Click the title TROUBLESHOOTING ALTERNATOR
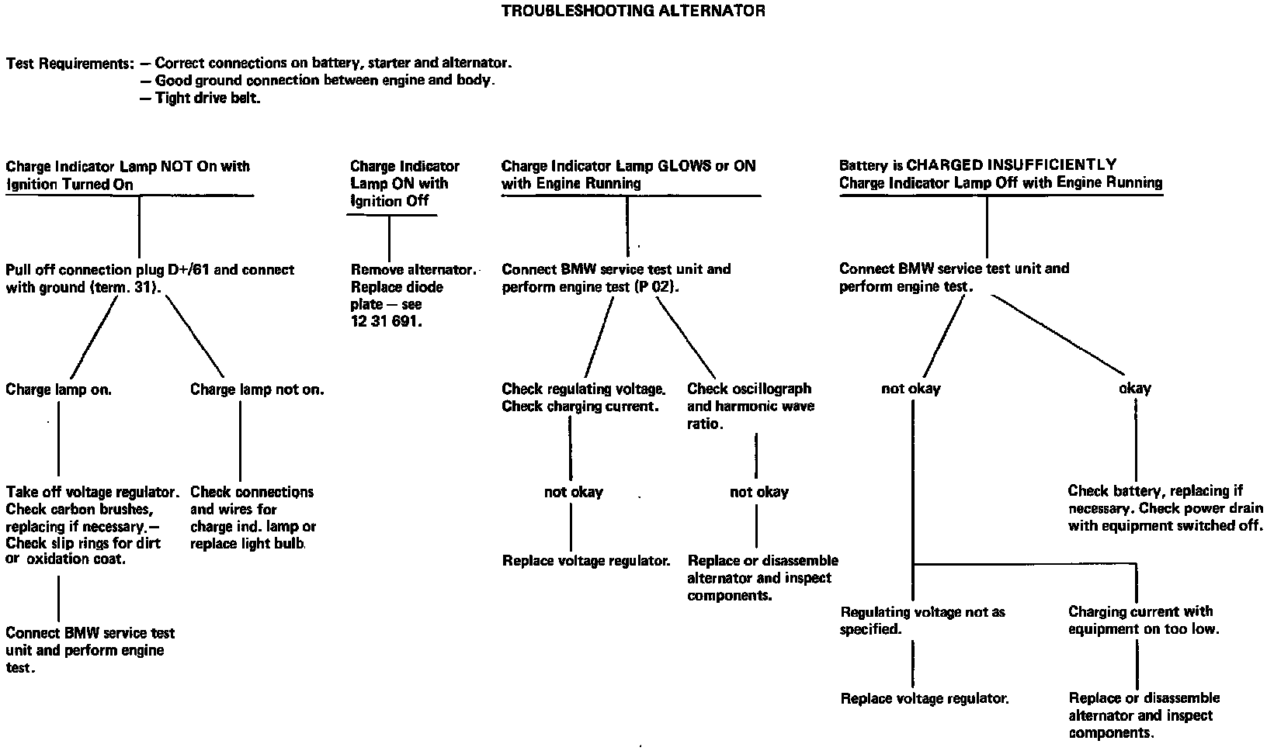coord(633,11)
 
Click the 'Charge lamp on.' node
coord(59,389)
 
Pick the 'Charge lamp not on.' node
coord(257,389)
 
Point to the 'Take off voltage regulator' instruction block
coord(92,525)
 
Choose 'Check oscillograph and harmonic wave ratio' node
coord(750,407)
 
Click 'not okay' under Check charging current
coord(573,492)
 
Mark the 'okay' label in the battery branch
coord(1134,388)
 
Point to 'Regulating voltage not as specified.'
coord(922,621)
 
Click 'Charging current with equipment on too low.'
coord(1144,621)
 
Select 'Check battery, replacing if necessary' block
coord(1165,508)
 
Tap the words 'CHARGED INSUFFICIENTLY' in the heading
coord(1012,164)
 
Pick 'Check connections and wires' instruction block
coord(253,517)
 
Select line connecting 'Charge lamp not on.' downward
coord(240,441)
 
